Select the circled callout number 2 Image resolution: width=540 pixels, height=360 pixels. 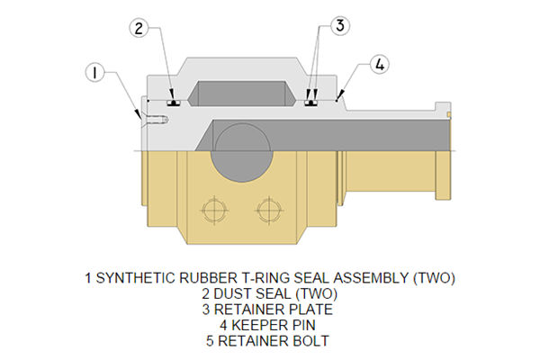[138, 28]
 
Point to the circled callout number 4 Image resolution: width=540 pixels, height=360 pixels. [380, 65]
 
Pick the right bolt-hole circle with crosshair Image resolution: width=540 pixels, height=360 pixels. [267, 211]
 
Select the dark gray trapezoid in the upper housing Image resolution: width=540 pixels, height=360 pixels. [241, 94]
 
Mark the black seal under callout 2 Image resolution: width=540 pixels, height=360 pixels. [175, 103]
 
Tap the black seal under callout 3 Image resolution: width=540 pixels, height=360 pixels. [311, 103]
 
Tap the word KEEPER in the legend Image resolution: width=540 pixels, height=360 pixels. [261, 327]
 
